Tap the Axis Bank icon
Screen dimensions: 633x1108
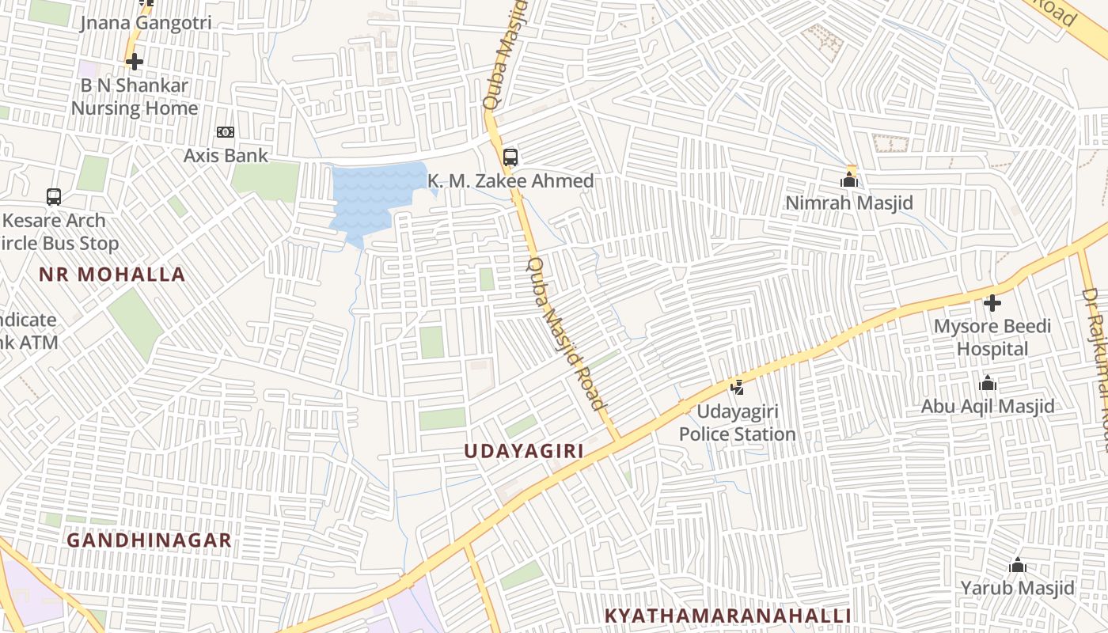(x=226, y=132)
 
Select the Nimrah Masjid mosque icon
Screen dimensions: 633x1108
(x=849, y=180)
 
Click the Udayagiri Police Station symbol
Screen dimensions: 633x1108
(x=738, y=387)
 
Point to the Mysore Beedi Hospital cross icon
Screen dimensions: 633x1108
(x=992, y=302)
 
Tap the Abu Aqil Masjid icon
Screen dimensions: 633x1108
(x=987, y=384)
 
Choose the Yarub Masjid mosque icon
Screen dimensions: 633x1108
(x=1018, y=565)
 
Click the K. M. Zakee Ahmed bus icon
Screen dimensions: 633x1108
(x=510, y=157)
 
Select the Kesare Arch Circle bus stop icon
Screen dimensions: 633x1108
(x=54, y=196)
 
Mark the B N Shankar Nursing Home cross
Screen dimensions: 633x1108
(x=135, y=61)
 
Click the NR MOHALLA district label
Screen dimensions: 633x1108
(x=112, y=275)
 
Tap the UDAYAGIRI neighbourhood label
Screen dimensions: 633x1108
(x=523, y=451)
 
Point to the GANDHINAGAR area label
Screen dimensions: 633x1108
(x=149, y=540)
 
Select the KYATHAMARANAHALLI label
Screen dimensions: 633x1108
(x=727, y=616)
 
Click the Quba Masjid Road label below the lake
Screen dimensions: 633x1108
(x=567, y=333)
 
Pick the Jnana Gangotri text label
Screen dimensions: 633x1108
(x=146, y=22)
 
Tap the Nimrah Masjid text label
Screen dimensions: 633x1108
(x=848, y=203)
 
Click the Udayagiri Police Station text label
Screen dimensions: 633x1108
(x=737, y=423)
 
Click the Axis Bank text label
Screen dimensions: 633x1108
(x=226, y=155)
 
